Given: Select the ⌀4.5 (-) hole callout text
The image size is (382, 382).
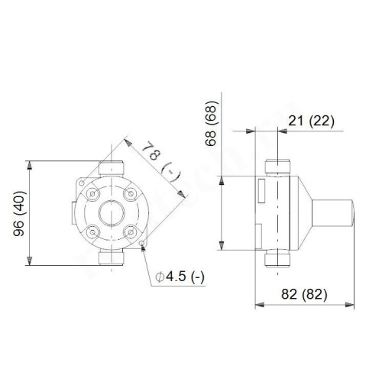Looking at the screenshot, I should [181, 275].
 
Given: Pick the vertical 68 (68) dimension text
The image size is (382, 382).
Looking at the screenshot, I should [211, 123].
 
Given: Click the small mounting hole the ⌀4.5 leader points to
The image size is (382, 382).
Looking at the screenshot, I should [143, 244].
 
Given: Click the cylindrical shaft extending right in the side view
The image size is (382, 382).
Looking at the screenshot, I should [333, 213].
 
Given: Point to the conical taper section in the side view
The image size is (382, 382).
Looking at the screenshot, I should [306, 213].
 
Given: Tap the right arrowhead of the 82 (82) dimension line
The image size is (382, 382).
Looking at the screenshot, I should [353, 305].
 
